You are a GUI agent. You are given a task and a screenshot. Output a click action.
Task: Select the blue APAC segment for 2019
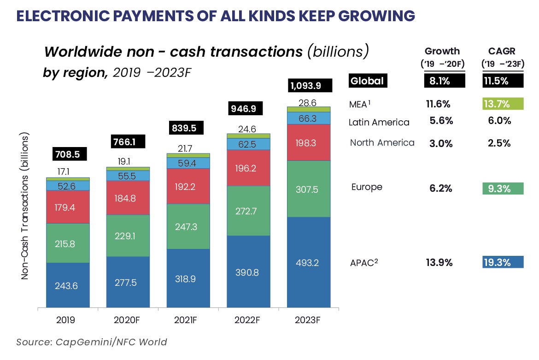click(x=67, y=285)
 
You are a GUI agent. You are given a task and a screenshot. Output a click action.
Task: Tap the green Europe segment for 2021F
click(x=188, y=226)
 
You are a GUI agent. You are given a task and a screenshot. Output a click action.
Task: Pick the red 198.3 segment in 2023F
click(x=308, y=143)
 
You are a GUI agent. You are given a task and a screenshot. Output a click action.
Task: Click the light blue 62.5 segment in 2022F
click(x=248, y=144)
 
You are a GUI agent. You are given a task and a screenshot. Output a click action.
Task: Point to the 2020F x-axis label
click(x=128, y=320)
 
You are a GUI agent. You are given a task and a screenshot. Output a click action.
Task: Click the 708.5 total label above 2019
click(x=67, y=154)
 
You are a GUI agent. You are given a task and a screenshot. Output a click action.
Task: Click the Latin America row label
click(x=379, y=122)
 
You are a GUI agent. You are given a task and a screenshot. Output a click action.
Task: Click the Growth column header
click(x=442, y=51)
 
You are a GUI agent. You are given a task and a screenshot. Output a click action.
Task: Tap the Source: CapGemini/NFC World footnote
click(x=92, y=342)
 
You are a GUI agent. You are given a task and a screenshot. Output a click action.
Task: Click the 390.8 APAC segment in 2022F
click(x=248, y=272)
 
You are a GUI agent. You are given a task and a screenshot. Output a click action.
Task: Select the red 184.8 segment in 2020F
click(x=128, y=198)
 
